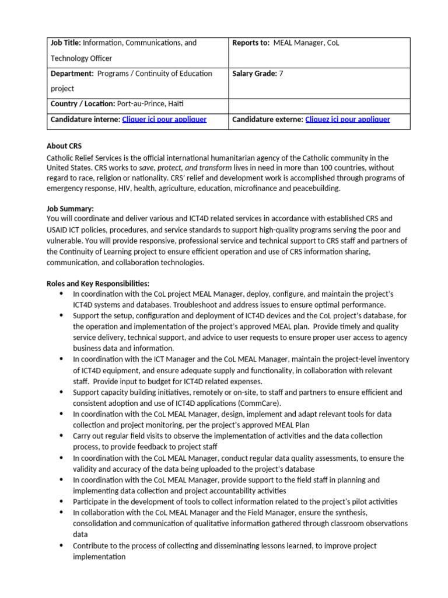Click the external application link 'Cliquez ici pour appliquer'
[347, 119]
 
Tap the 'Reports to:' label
[251, 43]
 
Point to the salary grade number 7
[281, 74]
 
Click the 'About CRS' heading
[65, 146]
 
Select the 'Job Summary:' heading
[70, 208]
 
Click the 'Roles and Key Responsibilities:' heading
[98, 283]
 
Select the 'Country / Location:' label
[80, 104]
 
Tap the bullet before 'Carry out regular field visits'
[62, 436]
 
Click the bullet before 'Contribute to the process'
[62, 545]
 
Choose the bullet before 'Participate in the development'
[62, 502]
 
